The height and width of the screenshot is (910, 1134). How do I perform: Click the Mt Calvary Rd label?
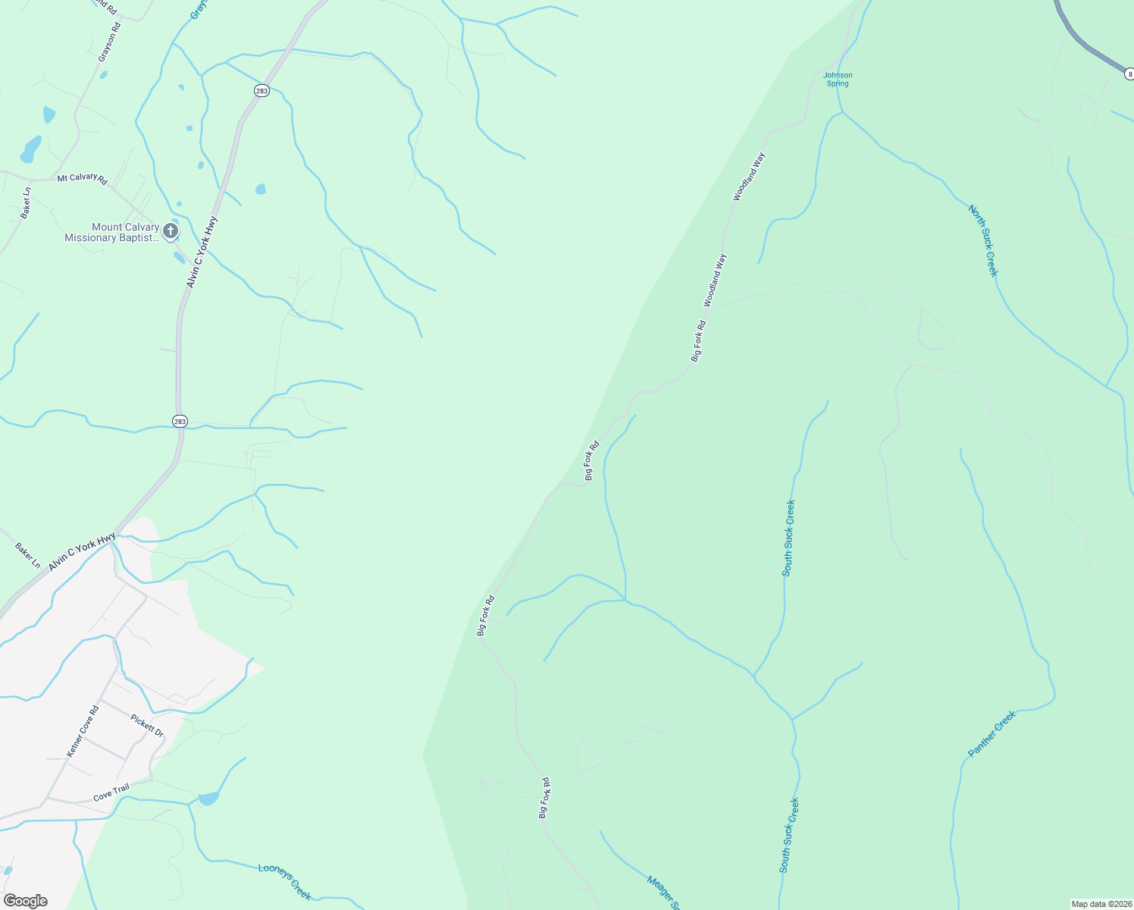coord(83,178)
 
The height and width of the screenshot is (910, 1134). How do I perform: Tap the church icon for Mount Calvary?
coord(171,231)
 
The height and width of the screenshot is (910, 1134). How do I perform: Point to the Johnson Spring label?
coord(838,79)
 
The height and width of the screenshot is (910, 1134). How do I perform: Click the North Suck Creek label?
coord(983,241)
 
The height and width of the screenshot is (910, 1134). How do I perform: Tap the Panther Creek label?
coord(991,734)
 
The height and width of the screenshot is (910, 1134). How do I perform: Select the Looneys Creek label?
coord(284,882)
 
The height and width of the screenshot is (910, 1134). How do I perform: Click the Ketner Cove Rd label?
coord(83,731)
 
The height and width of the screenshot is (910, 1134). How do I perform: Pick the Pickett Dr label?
coord(147,725)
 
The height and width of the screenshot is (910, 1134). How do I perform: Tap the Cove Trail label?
coord(111,793)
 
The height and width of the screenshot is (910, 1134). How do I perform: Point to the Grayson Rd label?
coord(109,42)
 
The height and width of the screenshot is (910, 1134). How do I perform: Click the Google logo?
coord(25,900)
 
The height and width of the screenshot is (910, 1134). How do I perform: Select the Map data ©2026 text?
coord(1101,904)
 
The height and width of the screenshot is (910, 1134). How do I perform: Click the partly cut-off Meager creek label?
coord(661,893)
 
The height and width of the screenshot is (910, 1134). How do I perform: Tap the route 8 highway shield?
coord(1129,74)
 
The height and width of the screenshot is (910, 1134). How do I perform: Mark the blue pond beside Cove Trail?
coord(208,798)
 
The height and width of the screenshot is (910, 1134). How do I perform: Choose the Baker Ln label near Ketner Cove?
coord(28,555)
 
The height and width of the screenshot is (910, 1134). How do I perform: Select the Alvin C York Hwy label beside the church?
coord(202,252)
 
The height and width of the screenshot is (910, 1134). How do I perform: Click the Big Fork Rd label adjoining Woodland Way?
coord(698,340)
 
